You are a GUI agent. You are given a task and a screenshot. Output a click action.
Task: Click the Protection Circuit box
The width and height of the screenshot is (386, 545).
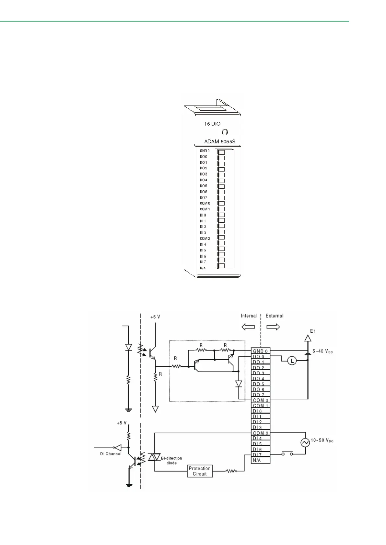(200, 471)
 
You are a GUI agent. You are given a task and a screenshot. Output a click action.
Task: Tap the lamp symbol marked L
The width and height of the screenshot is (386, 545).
(292, 361)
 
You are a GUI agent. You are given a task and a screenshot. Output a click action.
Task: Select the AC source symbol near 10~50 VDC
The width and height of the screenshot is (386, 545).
(305, 443)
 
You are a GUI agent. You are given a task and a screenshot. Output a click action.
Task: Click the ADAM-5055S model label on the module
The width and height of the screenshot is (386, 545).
(219, 142)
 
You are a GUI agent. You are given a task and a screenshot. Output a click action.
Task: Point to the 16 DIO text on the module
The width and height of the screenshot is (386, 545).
(212, 124)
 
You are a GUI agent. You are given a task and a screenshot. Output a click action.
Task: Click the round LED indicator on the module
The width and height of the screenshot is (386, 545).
(224, 132)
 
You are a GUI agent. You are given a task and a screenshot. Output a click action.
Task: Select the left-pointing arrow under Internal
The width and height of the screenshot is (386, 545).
(248, 327)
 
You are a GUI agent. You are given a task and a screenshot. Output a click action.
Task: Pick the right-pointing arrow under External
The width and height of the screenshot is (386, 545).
(273, 327)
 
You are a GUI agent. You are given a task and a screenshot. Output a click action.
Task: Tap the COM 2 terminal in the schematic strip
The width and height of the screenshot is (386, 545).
(261, 433)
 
